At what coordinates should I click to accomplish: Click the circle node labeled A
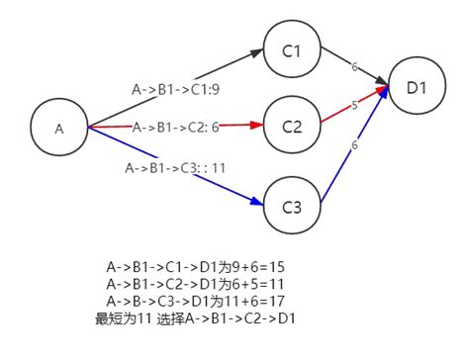58,128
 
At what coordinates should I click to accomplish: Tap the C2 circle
291,127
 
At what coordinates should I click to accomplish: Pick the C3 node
291,208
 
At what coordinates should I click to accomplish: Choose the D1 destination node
416,87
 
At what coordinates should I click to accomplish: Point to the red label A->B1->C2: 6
175,127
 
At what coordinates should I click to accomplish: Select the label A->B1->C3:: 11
176,167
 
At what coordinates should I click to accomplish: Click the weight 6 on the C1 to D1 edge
354,66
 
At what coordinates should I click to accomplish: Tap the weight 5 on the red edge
355,104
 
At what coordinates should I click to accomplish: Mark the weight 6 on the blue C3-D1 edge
354,145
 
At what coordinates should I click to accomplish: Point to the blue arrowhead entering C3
259,201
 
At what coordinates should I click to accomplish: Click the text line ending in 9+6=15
196,267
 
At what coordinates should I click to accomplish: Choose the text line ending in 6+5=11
196,284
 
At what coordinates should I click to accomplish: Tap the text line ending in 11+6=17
196,301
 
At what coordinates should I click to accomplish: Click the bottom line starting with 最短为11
196,318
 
